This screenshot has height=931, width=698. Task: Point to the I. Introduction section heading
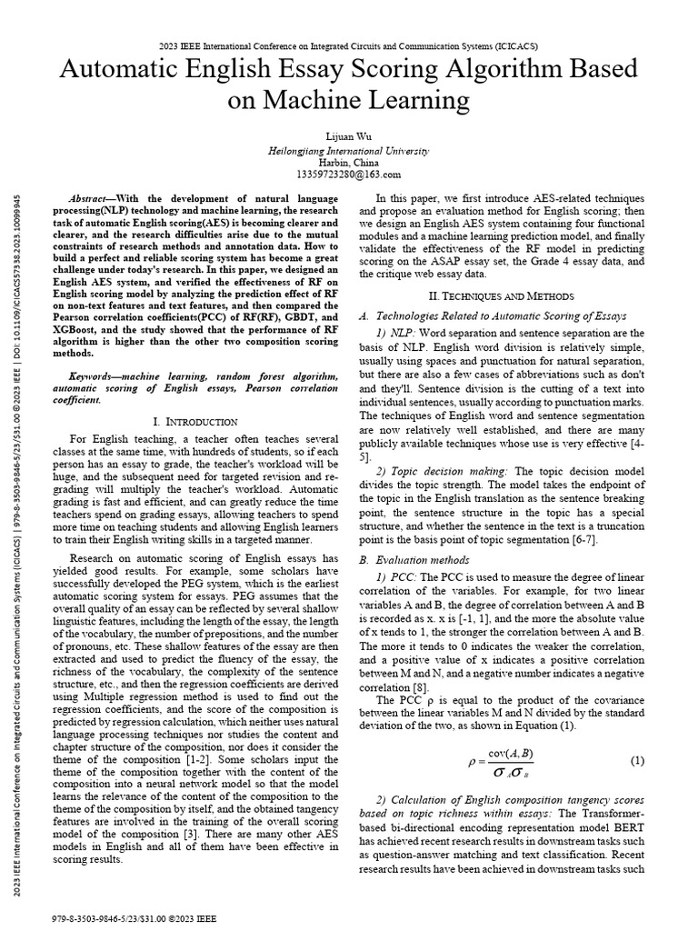pos(195,422)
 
